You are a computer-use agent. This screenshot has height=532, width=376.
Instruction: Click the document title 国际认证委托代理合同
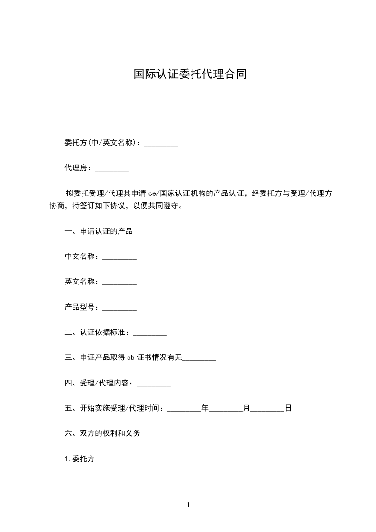(190, 74)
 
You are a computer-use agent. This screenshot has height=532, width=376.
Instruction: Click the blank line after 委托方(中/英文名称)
(161, 143)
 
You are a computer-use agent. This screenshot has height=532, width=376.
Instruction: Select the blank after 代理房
(112, 168)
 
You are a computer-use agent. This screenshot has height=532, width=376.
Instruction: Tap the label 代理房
(77, 168)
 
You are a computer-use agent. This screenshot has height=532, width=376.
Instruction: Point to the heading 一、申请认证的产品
(99, 231)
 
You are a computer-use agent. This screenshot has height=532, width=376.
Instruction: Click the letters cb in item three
(131, 358)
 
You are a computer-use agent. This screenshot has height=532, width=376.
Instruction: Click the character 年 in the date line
(205, 408)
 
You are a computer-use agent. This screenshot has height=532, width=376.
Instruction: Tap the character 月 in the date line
(247, 408)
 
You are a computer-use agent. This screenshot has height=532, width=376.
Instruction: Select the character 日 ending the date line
(288, 408)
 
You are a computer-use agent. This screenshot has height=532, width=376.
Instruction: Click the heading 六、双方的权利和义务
(102, 433)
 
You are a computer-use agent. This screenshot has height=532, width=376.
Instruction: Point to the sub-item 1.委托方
(79, 459)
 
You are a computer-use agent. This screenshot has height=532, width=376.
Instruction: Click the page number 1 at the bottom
(188, 505)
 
